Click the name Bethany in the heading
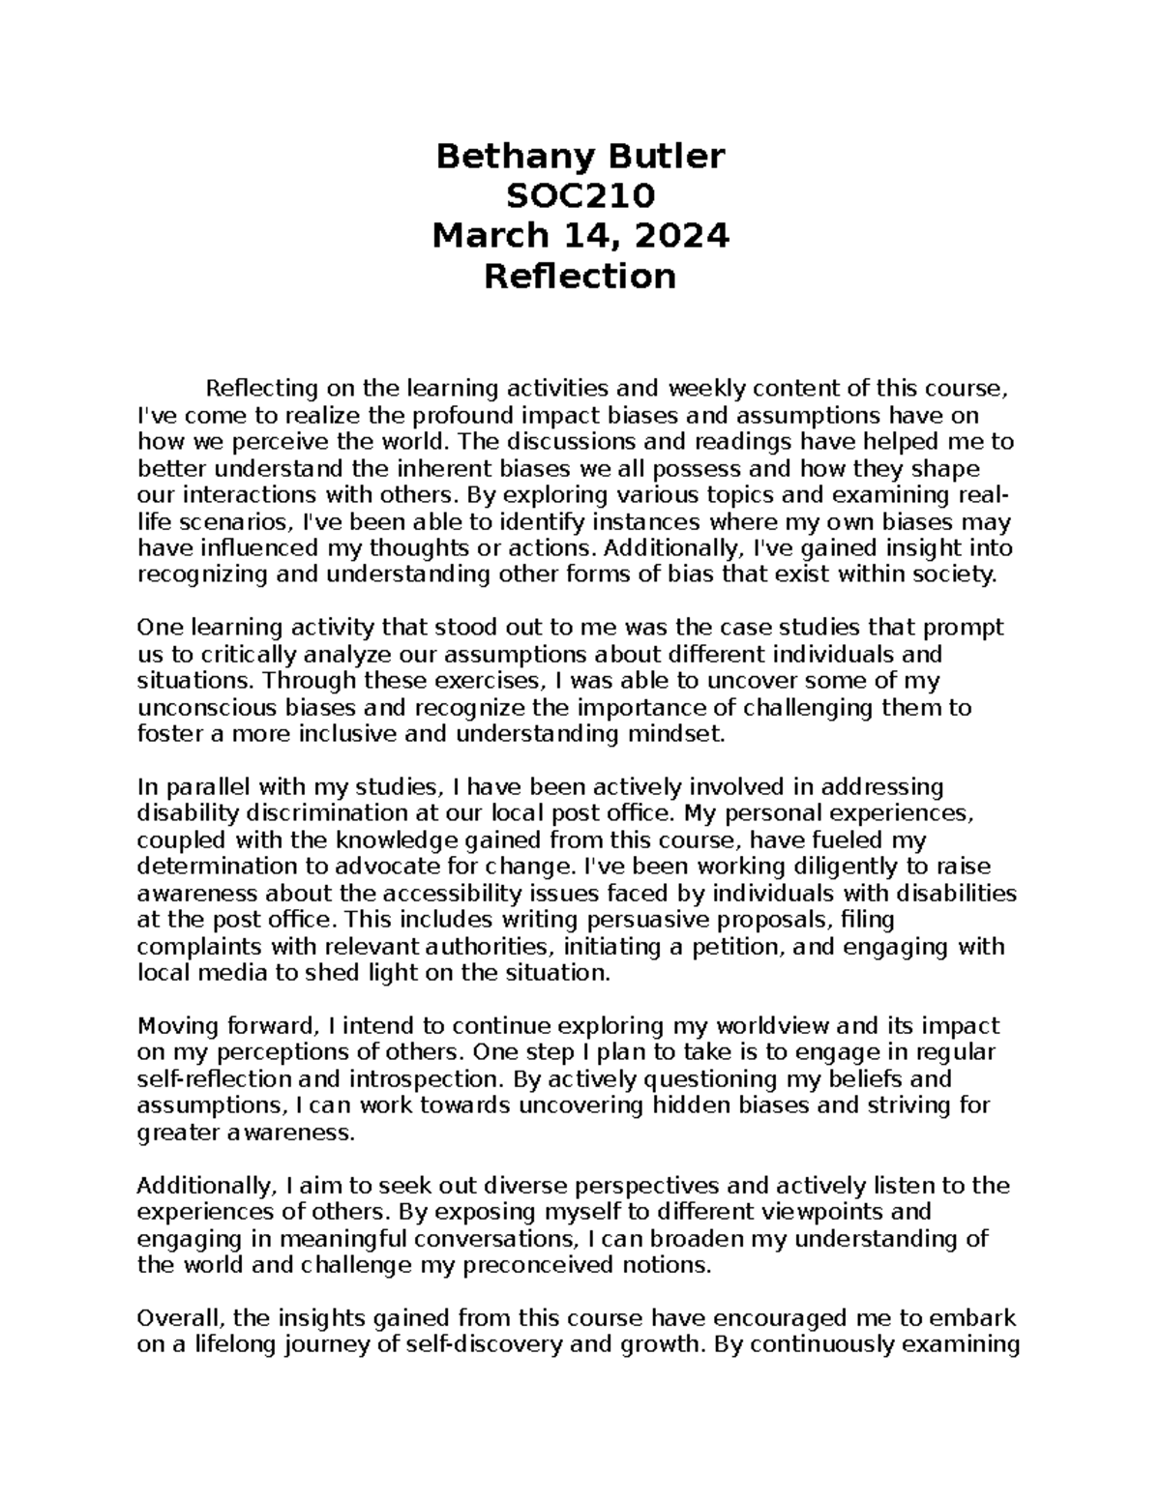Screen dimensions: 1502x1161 503,157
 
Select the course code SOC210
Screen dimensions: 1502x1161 580,196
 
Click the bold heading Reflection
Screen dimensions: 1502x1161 580,277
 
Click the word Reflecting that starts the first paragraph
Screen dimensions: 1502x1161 262,389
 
